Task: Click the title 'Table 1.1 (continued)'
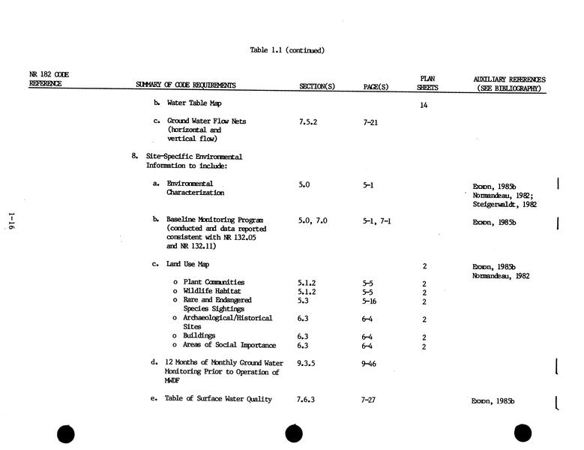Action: [x=287, y=50]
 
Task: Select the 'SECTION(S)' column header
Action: [x=317, y=86]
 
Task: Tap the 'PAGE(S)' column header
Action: [x=376, y=86]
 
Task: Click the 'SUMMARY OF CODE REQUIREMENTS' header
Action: [x=186, y=85]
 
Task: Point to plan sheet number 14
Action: [x=424, y=106]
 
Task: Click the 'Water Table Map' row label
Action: [x=193, y=103]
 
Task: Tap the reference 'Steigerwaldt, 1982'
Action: [x=505, y=203]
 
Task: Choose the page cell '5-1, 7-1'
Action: [x=376, y=221]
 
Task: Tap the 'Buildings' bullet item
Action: [x=199, y=336]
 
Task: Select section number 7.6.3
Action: [x=306, y=400]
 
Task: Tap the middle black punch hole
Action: [x=294, y=433]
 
